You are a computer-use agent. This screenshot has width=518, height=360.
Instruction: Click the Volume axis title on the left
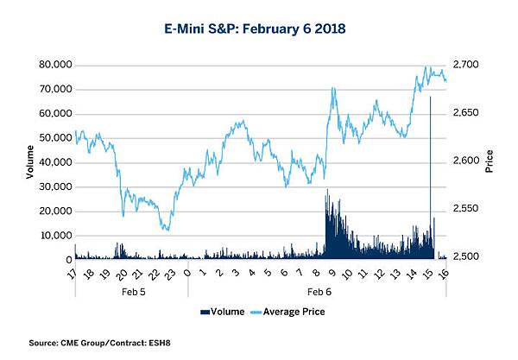30,161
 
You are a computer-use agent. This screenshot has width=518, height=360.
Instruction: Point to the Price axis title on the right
489,161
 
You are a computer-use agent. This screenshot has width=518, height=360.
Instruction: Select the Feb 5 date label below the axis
129,294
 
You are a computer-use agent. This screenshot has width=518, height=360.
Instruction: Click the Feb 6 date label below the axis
319,294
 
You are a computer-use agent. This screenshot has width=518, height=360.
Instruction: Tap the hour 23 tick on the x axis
172,275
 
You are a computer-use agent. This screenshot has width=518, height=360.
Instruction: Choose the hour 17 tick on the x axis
75,275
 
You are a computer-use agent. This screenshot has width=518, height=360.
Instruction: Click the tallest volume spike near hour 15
430,98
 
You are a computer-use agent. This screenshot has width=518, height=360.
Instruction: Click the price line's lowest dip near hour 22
167,230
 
